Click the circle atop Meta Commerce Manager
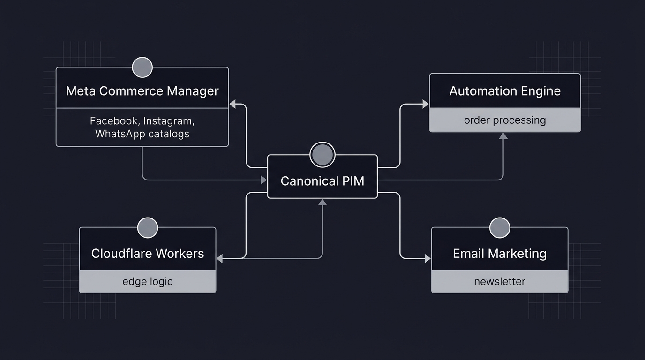point(142,67)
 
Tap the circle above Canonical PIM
point(322,155)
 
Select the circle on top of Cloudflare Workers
point(148,228)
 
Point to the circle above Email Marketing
point(500,228)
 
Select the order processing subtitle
point(505,120)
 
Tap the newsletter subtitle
point(500,281)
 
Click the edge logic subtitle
point(148,281)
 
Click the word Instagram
point(168,121)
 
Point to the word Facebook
point(114,121)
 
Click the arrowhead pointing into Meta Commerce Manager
point(232,104)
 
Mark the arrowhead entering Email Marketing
point(427,258)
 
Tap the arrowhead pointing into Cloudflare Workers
point(219,258)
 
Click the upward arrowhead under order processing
point(503,136)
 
